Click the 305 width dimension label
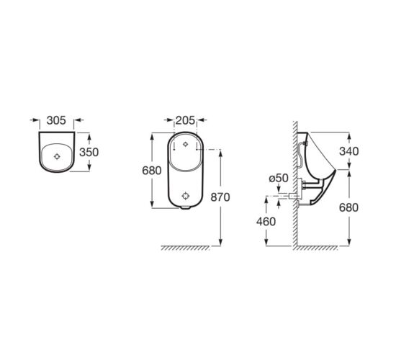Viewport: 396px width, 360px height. pos(56,120)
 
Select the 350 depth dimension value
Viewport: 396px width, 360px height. pos(89,152)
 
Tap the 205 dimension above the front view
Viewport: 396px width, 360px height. pos(185,120)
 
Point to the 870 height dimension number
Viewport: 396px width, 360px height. pos(220,197)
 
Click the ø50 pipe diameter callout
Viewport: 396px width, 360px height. pos(279,178)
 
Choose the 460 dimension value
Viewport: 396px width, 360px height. pos(266,222)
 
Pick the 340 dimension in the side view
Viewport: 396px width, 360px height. pos(349,151)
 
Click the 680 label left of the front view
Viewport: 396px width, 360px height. pos(151,171)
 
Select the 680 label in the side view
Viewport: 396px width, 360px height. pos(348,207)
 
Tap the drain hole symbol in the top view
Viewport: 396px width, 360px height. pos(57,157)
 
